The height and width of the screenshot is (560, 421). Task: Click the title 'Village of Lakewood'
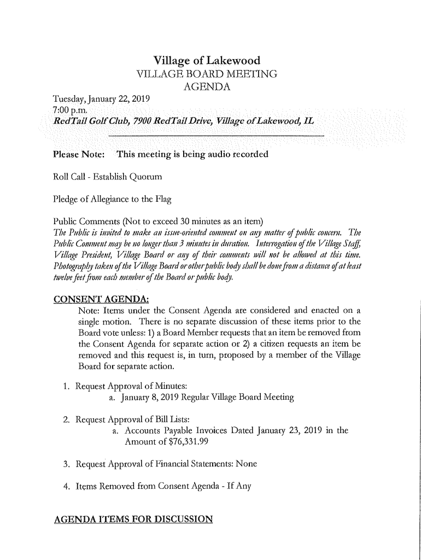(206, 61)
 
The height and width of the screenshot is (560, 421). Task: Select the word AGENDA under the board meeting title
(206, 87)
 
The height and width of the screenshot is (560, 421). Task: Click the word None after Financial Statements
(244, 464)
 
